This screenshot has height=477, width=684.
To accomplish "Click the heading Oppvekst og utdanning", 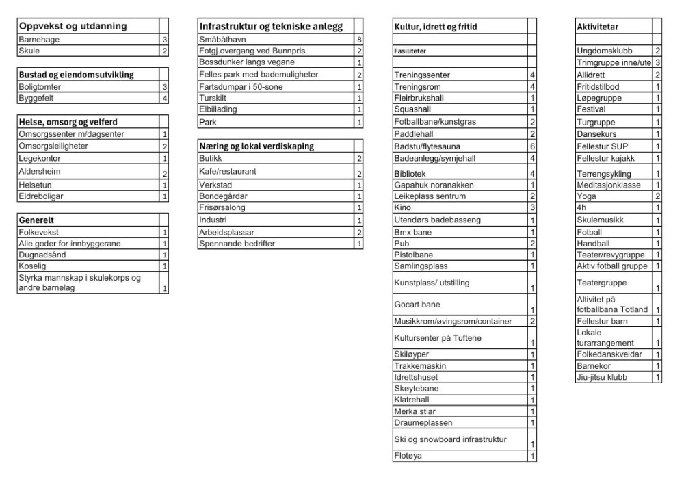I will coord(73,27).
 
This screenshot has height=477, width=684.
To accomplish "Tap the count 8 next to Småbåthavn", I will coord(359,40).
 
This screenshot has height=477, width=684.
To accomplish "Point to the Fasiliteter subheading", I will coord(415,51).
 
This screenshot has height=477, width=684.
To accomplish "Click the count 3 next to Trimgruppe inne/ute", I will coord(657,63).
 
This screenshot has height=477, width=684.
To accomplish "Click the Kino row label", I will coord(404,207).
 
